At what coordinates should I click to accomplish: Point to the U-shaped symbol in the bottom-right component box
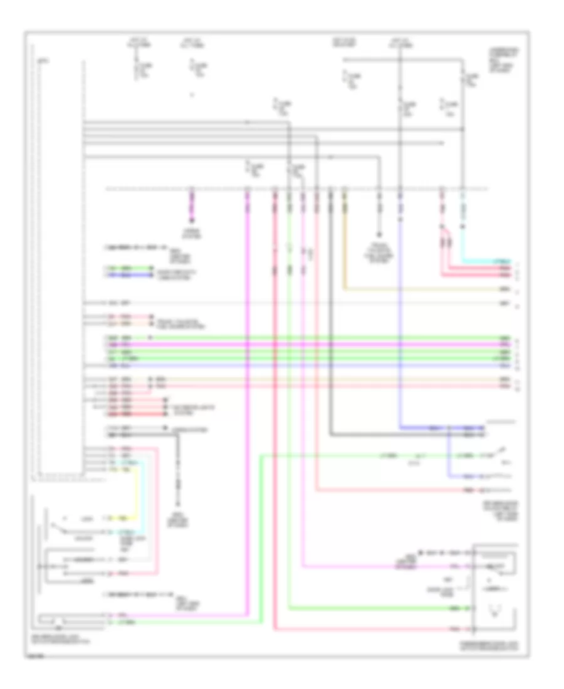tap(496, 611)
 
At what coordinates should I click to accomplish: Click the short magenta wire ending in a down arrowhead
tap(192, 210)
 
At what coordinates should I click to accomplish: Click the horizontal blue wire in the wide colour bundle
tap(313, 365)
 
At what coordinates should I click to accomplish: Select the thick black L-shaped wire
tap(332, 376)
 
